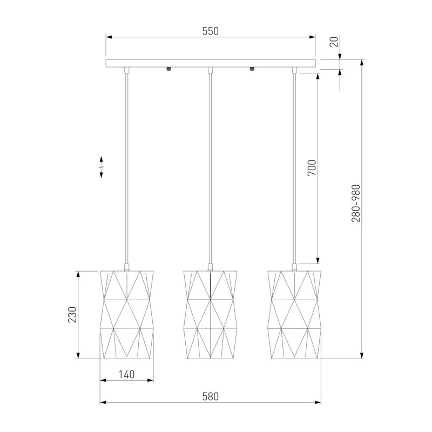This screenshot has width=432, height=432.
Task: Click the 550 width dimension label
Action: coord(211,31)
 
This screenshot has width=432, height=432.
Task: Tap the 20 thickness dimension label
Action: coord(334,42)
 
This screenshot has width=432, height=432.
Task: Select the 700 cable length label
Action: coord(312,168)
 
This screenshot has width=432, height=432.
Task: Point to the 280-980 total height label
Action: coord(356,204)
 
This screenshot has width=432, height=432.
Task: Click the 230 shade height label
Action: coord(72,315)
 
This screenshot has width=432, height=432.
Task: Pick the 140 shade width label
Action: coord(127,374)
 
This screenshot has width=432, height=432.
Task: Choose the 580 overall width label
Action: coord(211,396)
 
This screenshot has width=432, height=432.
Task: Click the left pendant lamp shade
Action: coord(127,315)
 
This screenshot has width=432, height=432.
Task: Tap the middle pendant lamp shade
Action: coord(210,315)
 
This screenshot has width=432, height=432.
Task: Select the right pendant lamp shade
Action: coord(294,315)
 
